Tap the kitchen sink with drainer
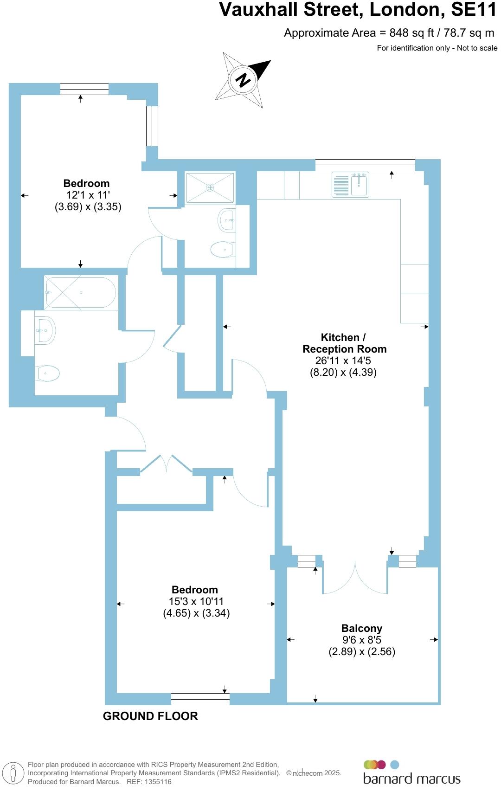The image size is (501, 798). coord(350,184)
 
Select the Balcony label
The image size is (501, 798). coord(362,628)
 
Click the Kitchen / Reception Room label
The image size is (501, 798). coord(344,343)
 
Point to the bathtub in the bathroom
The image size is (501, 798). coord(80,293)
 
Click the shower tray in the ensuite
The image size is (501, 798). coord(210,187)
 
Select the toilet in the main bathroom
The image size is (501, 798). coord(47,373)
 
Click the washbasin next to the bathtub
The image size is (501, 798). coord(45,330)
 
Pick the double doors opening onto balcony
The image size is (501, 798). coord(355,578)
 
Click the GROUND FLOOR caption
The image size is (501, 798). coord(150,716)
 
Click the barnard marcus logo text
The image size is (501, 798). coord(411,779)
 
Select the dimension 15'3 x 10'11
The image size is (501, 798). coord(196,601)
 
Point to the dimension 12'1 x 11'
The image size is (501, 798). coord(88,195)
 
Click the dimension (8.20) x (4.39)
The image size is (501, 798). coord(343,372)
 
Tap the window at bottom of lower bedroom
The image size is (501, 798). coord(200,699)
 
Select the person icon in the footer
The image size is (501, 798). coord(13,773)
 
